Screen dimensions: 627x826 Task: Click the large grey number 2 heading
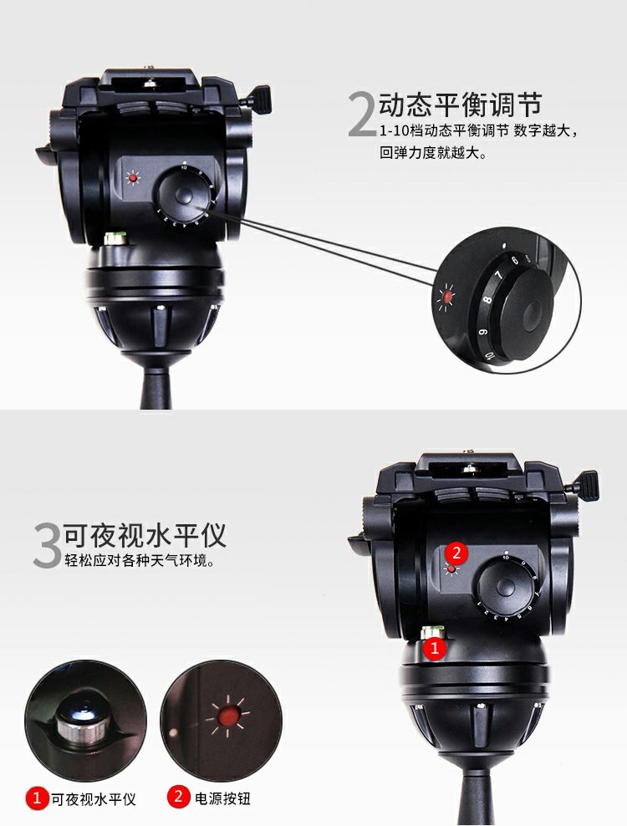click(363, 115)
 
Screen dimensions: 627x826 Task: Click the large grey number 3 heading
click(48, 545)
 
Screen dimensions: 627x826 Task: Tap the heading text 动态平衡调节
click(461, 104)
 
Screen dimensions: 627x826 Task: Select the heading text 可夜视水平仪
click(145, 535)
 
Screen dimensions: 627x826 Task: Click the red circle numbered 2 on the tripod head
click(456, 553)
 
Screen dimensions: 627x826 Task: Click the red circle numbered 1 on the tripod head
click(435, 648)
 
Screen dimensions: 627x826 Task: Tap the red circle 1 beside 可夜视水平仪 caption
click(36, 798)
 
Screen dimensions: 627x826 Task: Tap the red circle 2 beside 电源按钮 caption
click(178, 797)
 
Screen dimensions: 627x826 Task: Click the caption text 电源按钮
click(222, 798)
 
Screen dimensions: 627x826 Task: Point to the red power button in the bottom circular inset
click(227, 716)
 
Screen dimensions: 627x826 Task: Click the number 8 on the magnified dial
click(488, 301)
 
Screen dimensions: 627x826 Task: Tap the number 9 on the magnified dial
click(482, 333)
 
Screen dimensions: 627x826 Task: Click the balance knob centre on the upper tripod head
click(182, 195)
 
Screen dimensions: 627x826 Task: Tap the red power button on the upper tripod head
click(133, 179)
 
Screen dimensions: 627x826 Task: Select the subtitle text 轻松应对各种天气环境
click(140, 560)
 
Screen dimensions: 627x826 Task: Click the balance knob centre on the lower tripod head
click(505, 585)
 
